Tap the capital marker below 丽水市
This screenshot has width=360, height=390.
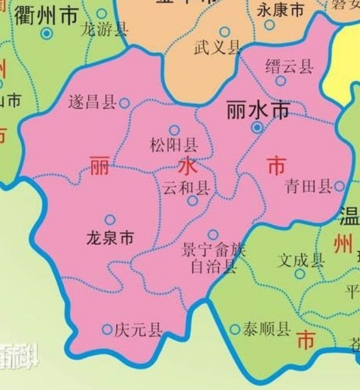(x=257, y=127)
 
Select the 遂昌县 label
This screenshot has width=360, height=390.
(x=92, y=103)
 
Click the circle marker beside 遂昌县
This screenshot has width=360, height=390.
(x=124, y=103)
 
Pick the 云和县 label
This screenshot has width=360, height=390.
(x=186, y=189)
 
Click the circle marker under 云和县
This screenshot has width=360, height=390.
(x=192, y=201)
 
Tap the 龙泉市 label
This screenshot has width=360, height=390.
(x=110, y=238)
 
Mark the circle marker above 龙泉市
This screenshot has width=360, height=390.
(x=110, y=220)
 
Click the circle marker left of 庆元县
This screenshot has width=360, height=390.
(x=107, y=329)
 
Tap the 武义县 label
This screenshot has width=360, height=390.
(x=217, y=48)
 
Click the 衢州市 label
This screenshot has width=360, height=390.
(x=46, y=16)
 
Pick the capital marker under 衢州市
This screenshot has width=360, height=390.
(x=47, y=34)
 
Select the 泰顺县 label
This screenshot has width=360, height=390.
(x=267, y=329)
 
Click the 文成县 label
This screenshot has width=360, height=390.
(x=301, y=260)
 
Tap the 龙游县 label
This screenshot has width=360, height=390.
(x=104, y=29)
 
